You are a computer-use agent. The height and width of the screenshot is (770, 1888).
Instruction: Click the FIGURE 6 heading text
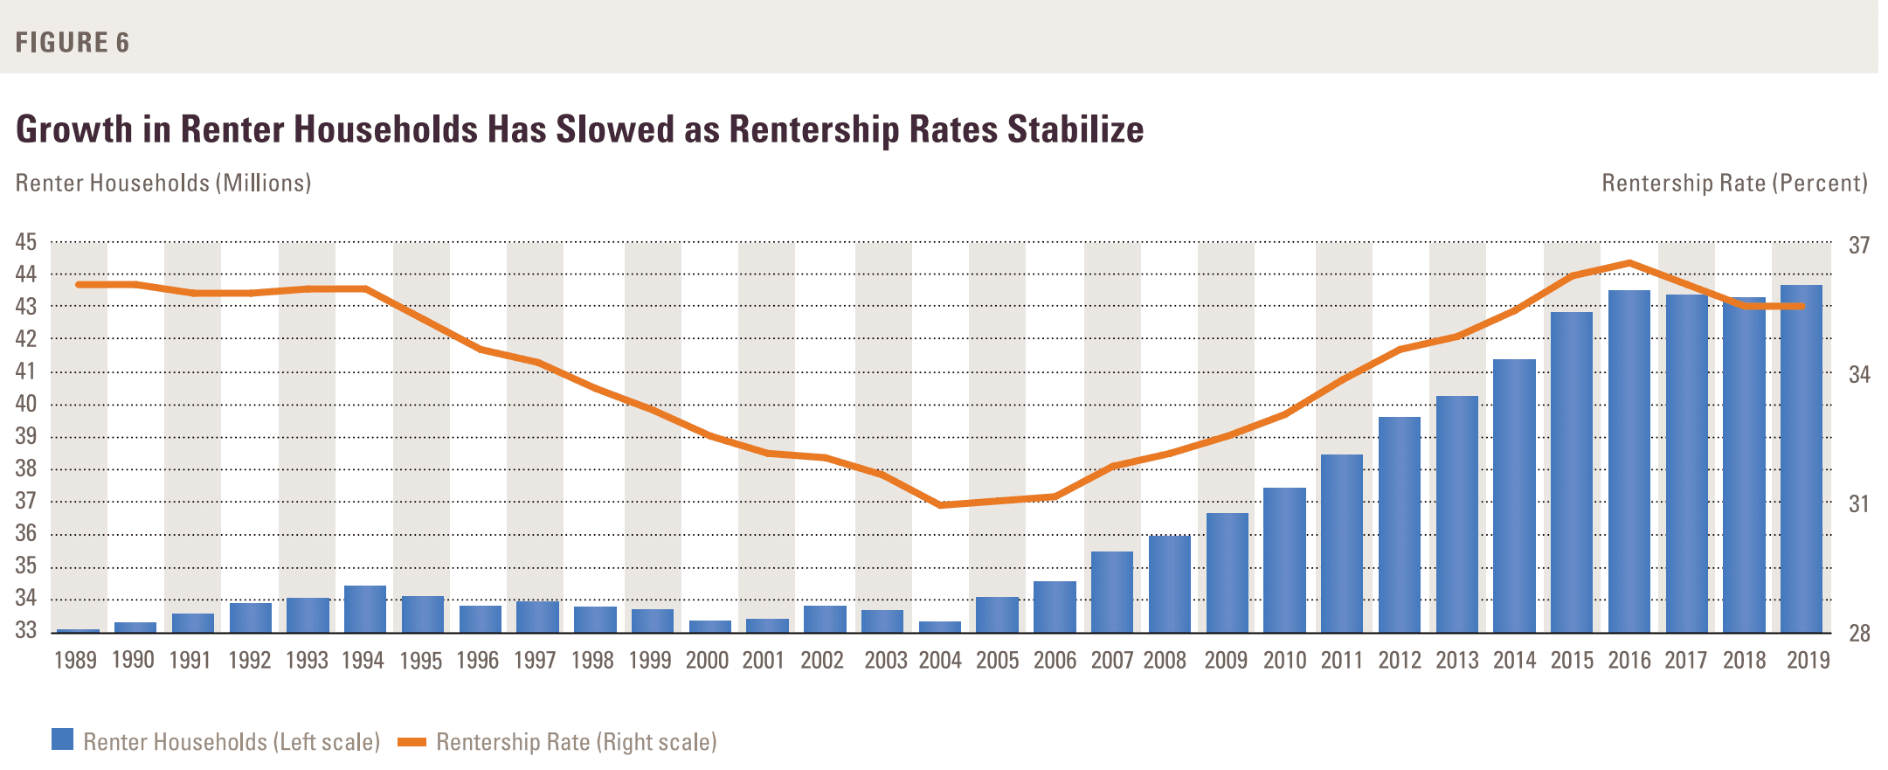(73, 42)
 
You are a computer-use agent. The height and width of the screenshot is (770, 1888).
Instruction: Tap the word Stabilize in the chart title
(1075, 129)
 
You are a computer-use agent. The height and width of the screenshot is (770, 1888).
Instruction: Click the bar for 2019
(1802, 459)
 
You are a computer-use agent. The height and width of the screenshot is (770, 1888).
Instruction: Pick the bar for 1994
(365, 609)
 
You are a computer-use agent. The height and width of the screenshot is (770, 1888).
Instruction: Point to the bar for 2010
(1284, 560)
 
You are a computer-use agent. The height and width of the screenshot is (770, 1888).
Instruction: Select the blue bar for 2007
(1112, 592)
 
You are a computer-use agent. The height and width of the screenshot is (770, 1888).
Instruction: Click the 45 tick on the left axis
(26, 242)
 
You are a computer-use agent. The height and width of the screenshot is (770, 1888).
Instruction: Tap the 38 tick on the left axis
(26, 468)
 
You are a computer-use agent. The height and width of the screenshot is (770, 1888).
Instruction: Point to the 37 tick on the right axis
(1859, 246)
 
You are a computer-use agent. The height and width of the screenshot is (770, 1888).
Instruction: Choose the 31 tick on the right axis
(1859, 504)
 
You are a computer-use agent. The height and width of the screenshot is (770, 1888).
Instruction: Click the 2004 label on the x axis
(940, 661)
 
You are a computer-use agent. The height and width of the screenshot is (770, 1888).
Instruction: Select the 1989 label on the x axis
(75, 661)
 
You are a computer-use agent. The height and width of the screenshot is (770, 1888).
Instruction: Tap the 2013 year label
(1457, 661)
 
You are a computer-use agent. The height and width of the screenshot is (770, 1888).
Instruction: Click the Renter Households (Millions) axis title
(163, 183)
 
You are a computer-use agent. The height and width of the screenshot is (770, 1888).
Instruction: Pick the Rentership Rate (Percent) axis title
(1734, 183)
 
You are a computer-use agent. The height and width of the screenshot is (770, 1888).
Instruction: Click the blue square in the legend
(62, 739)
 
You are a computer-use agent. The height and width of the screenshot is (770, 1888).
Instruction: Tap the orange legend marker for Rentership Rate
(411, 742)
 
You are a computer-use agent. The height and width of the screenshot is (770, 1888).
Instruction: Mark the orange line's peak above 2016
(1629, 262)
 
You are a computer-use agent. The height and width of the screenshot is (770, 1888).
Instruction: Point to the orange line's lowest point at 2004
(940, 505)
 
